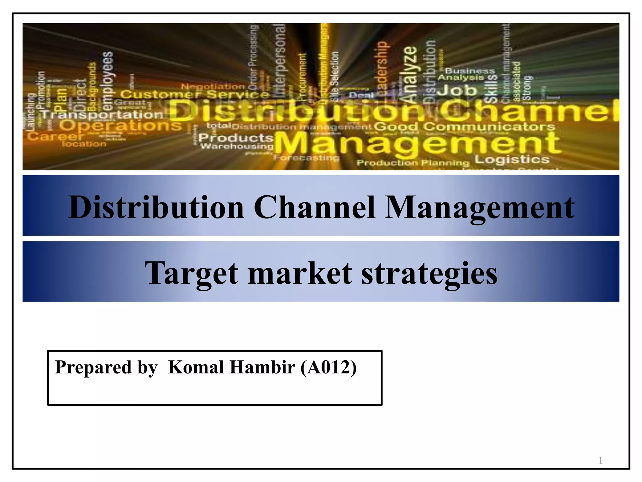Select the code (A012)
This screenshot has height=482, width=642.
pyautogui.click(x=328, y=367)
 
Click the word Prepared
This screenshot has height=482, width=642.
pyautogui.click(x=93, y=367)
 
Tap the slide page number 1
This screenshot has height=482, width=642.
pyautogui.click(x=600, y=460)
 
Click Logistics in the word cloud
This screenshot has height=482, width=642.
pyautogui.click(x=512, y=159)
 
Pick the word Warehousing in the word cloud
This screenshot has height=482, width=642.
pyautogui.click(x=237, y=146)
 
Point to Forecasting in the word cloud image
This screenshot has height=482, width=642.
pyautogui.click(x=306, y=158)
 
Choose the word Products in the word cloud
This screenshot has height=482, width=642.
pyautogui.click(x=236, y=137)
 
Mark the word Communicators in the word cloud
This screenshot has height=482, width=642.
pyautogui.click(x=489, y=127)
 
